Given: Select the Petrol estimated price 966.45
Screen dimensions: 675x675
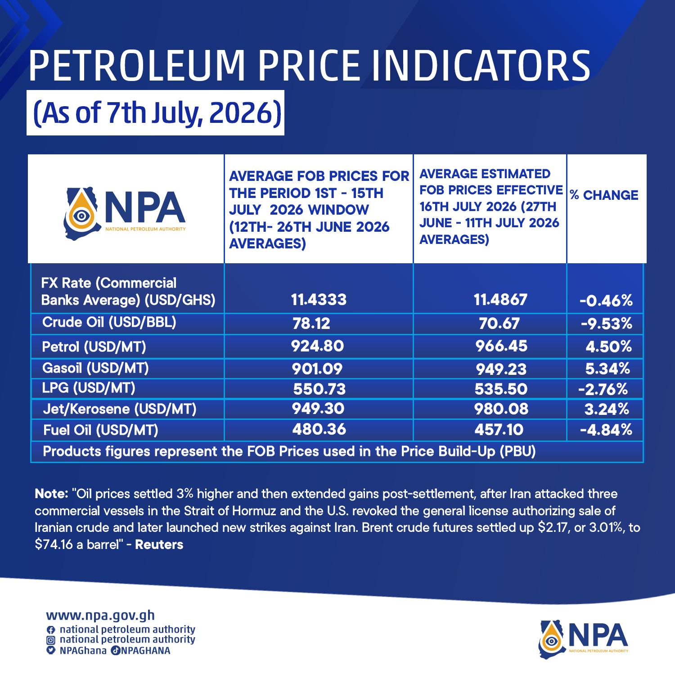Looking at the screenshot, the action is tap(501, 346).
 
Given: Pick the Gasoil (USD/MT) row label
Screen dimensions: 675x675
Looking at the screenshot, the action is tap(95, 368).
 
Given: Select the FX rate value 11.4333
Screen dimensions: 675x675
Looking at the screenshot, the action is tap(319, 299).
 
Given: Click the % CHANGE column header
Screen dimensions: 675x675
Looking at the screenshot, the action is tap(604, 195).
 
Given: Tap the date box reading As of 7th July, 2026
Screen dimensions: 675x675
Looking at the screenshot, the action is tap(155, 113).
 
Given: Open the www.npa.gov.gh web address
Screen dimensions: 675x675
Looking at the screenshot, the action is tap(100, 615).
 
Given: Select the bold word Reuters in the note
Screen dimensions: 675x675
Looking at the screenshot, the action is tap(159, 544).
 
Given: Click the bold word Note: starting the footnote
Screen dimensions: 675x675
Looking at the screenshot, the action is tap(51, 494).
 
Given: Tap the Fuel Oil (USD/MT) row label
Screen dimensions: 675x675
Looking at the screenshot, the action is tap(101, 430).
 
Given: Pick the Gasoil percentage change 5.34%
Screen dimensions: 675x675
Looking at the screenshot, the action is tap(607, 369).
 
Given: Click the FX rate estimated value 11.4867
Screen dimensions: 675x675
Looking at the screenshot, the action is tap(500, 299).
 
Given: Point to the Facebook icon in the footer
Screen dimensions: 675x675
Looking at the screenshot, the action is tap(51, 630).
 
